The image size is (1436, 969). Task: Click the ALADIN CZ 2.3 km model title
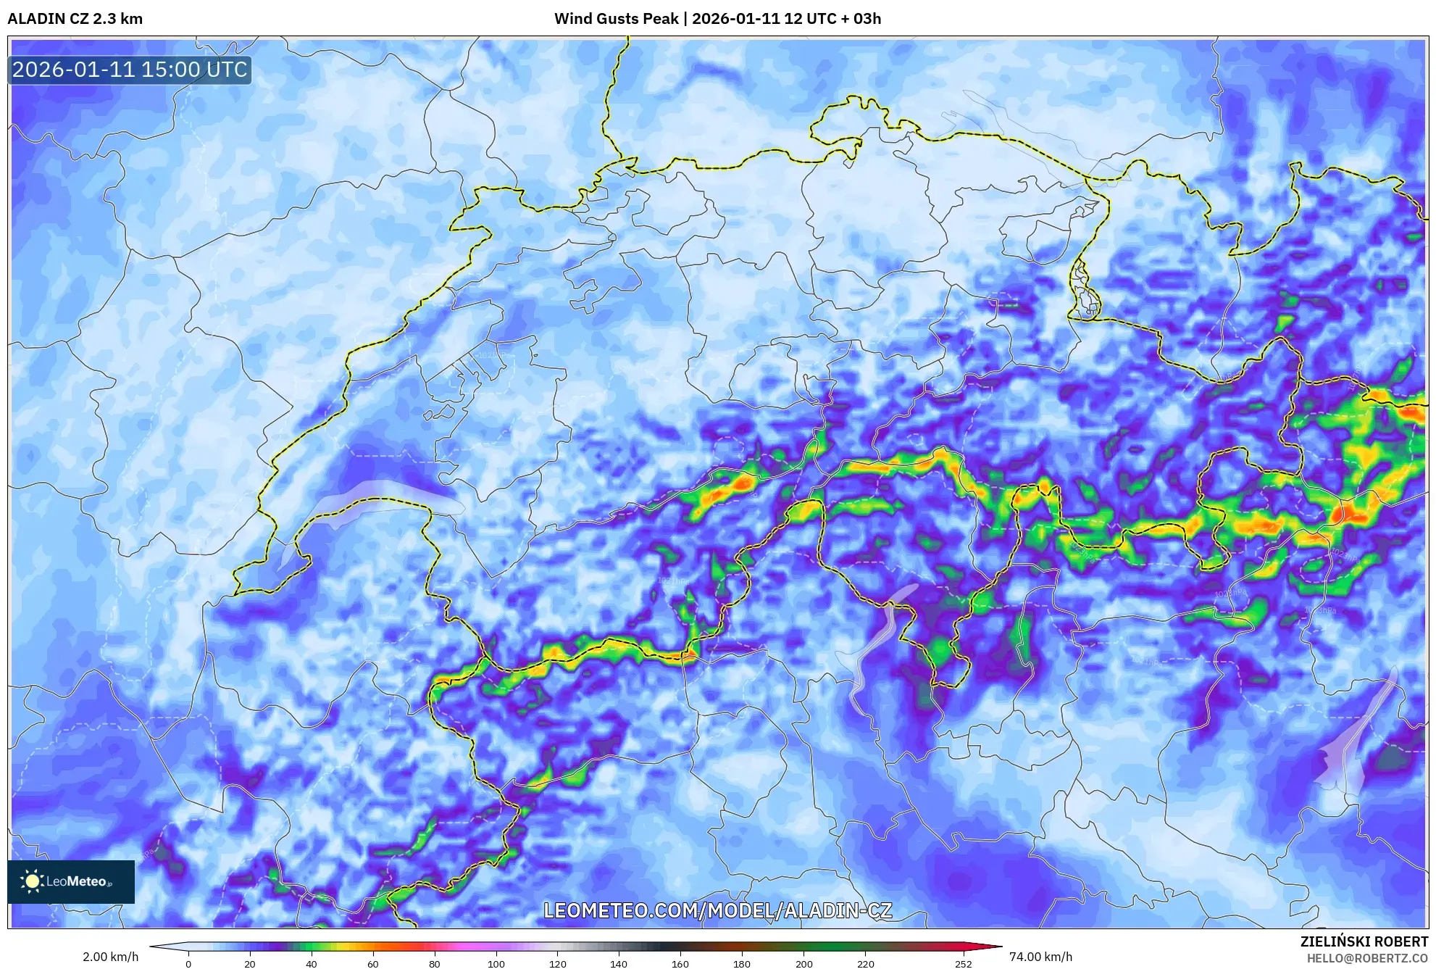pos(75,19)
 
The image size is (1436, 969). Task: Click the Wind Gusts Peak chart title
pos(717,19)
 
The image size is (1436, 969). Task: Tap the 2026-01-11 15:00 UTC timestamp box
pos(130,70)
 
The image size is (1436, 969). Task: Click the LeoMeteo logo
pos(71,881)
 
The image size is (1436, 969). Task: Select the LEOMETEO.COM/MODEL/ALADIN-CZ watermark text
pos(717,910)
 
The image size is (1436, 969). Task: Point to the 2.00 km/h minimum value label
pos(110,957)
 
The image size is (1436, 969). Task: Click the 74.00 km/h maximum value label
pos(1040,957)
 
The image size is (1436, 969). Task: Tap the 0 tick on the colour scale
pos(188,964)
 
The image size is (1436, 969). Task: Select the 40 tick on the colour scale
pos(311,964)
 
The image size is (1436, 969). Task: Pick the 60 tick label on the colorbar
pos(372,964)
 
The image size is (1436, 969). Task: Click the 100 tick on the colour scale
pos(496,964)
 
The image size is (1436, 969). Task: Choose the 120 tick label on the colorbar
pos(557,964)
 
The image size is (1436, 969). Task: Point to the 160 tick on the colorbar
pos(680,964)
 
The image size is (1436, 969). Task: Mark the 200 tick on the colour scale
pos(803,964)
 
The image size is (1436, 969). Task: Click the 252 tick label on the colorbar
pos(963,964)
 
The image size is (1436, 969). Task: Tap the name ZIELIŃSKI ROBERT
pos(1364,942)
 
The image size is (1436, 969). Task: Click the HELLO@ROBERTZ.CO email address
pos(1367,958)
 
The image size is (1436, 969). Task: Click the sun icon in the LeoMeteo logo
pos(33,881)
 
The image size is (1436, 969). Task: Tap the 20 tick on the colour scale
pos(250,964)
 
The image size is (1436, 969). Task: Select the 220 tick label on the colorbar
pos(865,964)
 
